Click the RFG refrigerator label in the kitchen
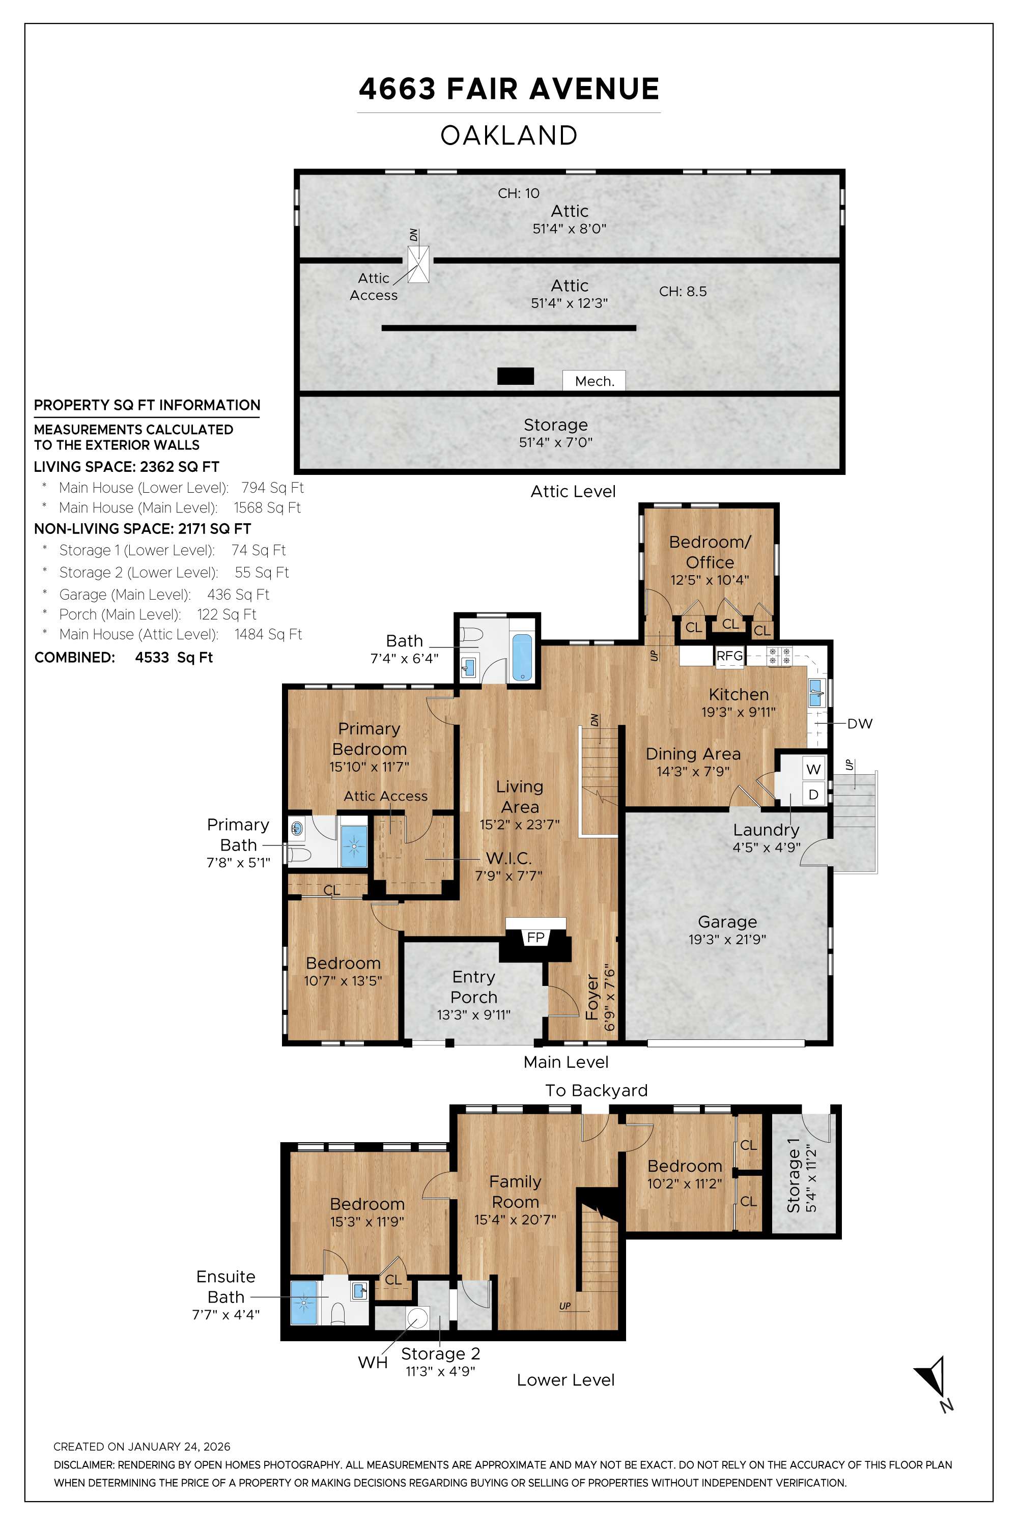[x=729, y=656]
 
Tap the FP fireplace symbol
[x=535, y=937]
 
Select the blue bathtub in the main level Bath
[x=522, y=657]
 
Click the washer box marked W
[x=813, y=769]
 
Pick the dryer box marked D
[x=813, y=794]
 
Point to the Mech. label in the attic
[x=594, y=381]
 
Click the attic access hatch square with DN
[x=419, y=264]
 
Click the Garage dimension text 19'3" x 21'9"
[x=727, y=940]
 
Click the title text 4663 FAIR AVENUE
[x=509, y=89]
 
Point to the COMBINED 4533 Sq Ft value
[x=174, y=657]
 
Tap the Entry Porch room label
[x=473, y=987]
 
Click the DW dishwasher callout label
[x=859, y=723]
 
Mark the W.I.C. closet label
[x=508, y=858]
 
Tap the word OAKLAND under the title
[x=509, y=136]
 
